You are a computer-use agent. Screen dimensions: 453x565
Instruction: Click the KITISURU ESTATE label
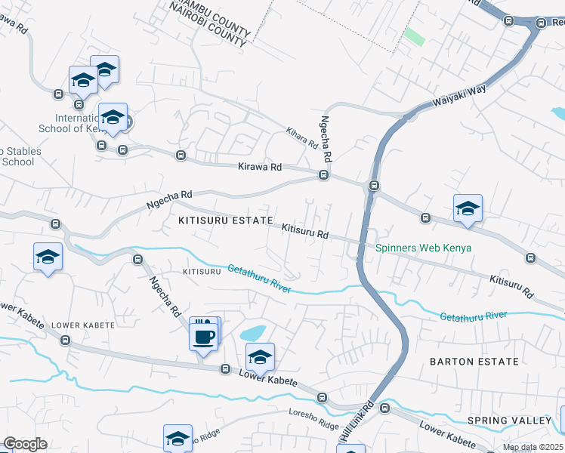(225, 220)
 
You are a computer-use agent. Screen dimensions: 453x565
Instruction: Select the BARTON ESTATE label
(474, 362)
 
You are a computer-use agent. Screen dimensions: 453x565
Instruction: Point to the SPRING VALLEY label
(509, 421)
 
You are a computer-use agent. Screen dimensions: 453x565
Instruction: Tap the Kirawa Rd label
(259, 167)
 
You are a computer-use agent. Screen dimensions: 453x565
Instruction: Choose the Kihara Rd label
(301, 137)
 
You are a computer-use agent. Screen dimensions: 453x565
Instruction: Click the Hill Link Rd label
(357, 420)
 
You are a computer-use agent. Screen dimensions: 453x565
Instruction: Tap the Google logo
(25, 444)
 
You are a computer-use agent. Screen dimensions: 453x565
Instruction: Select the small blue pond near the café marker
(252, 333)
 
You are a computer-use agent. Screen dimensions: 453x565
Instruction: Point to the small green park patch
(413, 35)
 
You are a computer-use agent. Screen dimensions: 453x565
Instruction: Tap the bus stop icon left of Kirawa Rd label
(181, 156)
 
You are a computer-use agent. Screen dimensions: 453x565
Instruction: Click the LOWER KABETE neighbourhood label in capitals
(83, 325)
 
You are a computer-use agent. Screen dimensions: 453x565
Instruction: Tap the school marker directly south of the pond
(260, 357)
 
